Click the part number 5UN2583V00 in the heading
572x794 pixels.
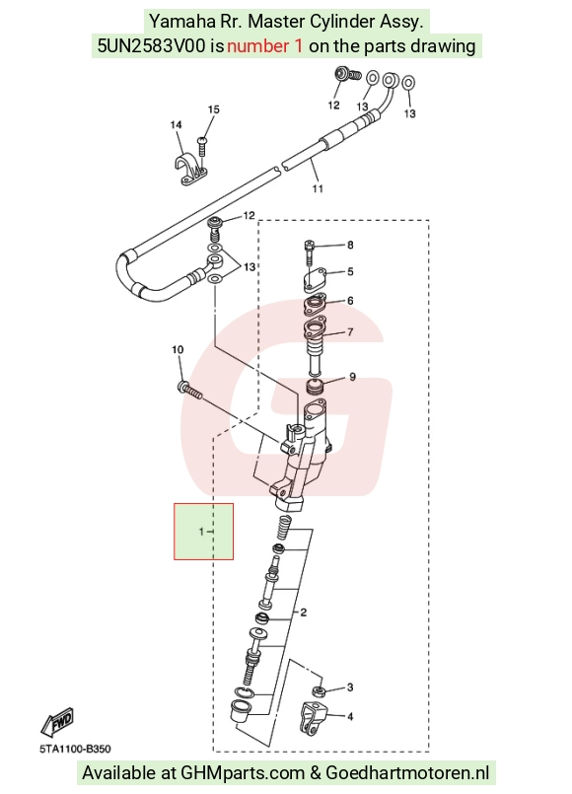click(x=151, y=46)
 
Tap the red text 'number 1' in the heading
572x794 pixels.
click(x=264, y=46)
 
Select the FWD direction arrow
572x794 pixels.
click(x=57, y=722)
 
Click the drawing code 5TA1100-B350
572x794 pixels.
click(x=75, y=749)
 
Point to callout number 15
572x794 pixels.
click(x=214, y=109)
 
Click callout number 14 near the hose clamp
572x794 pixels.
click(x=176, y=124)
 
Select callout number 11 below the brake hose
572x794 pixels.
click(x=318, y=188)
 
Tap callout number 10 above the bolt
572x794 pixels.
click(x=178, y=349)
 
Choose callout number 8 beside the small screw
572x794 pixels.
click(x=350, y=245)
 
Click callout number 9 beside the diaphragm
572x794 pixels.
click(x=352, y=377)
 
